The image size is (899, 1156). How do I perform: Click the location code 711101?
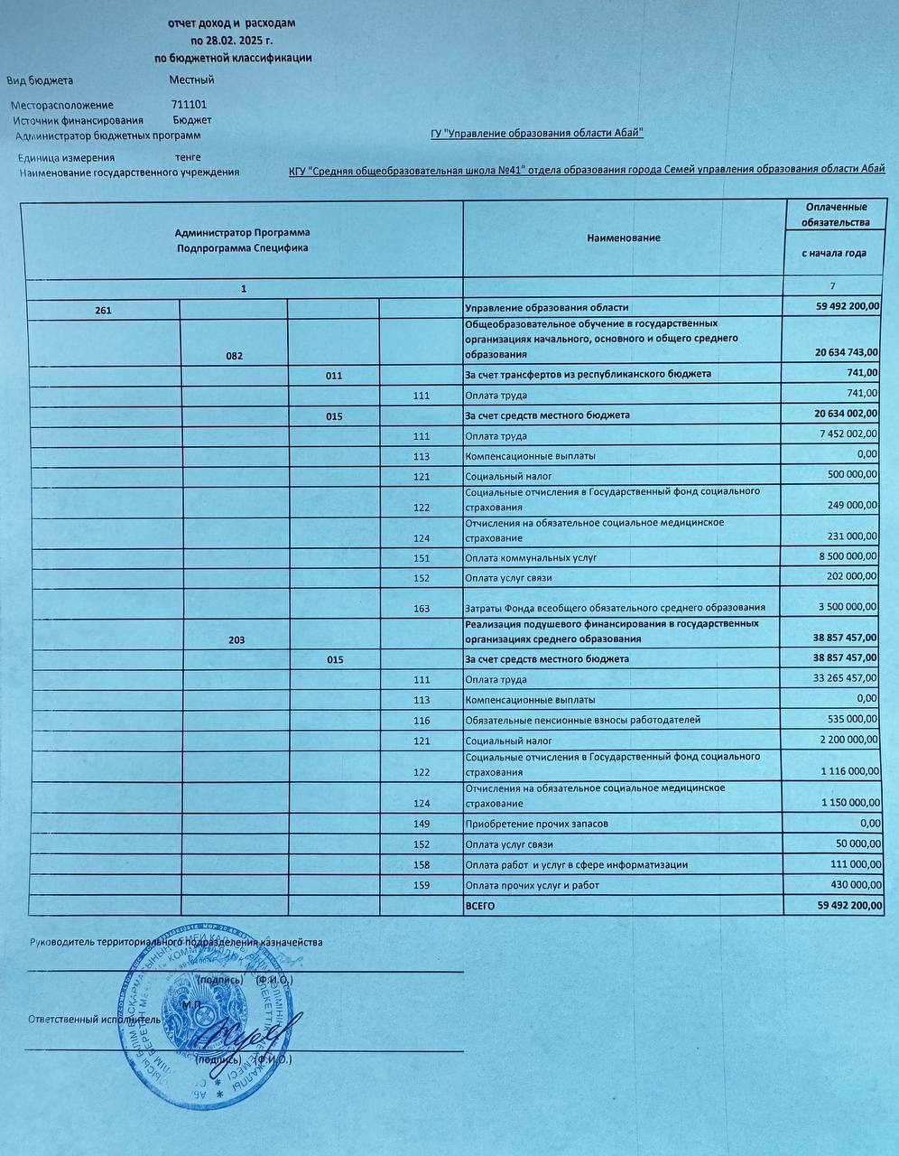point(189,105)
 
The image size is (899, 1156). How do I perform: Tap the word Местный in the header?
point(191,79)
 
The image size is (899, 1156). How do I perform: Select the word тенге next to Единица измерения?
point(188,157)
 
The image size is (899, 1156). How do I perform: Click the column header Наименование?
point(623,238)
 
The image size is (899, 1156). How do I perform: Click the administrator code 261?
point(103,310)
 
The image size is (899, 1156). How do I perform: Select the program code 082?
point(235,356)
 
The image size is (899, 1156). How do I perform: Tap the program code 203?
point(236,639)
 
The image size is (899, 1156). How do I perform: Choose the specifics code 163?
point(422,609)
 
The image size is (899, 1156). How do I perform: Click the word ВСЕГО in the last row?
point(480,905)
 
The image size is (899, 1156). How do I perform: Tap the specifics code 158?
point(422,865)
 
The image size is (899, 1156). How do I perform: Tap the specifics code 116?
point(422,721)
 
